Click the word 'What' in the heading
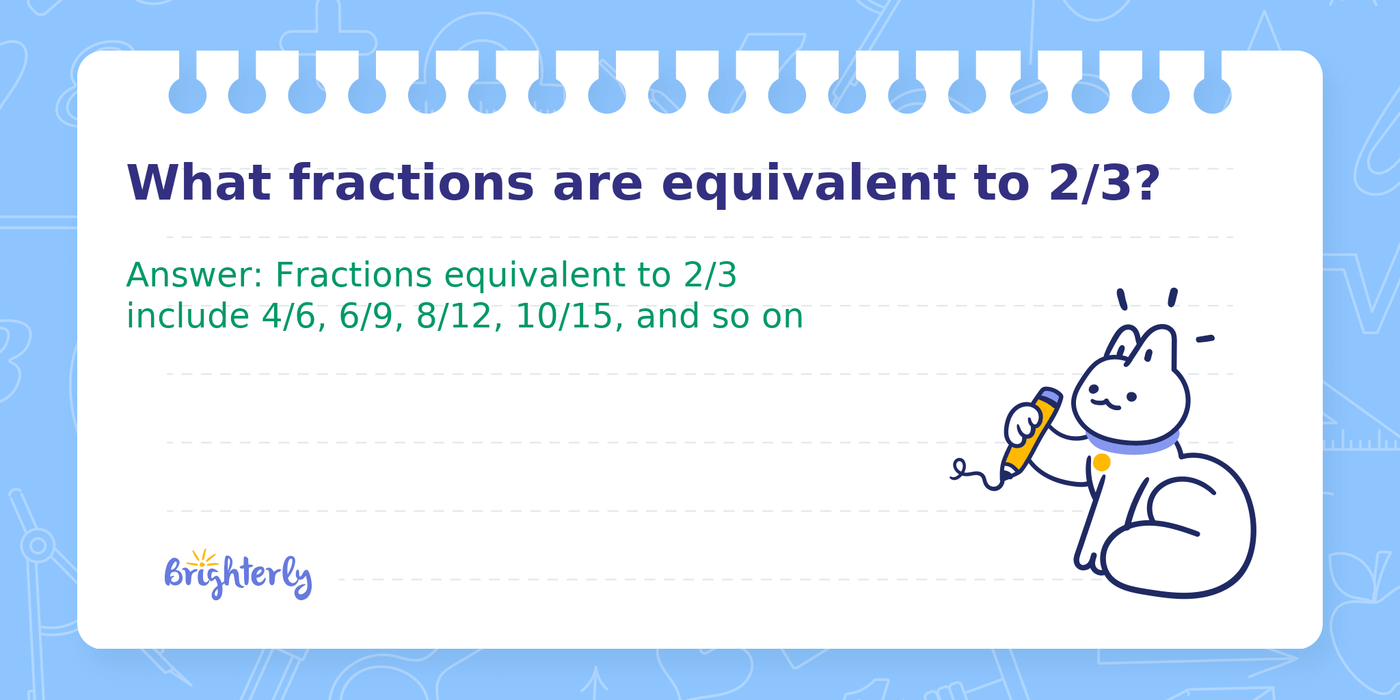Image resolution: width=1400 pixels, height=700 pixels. click(199, 183)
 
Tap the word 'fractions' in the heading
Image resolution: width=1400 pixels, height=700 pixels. click(411, 183)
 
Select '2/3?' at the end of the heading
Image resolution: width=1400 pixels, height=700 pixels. click(1105, 183)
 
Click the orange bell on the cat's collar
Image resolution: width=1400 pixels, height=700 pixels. click(1101, 463)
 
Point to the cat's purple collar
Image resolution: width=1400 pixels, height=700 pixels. click(1132, 442)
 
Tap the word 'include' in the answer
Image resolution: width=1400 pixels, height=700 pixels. click(188, 316)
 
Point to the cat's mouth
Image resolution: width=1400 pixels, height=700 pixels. click(1105, 404)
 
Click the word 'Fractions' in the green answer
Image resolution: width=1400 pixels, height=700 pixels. click(353, 275)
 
